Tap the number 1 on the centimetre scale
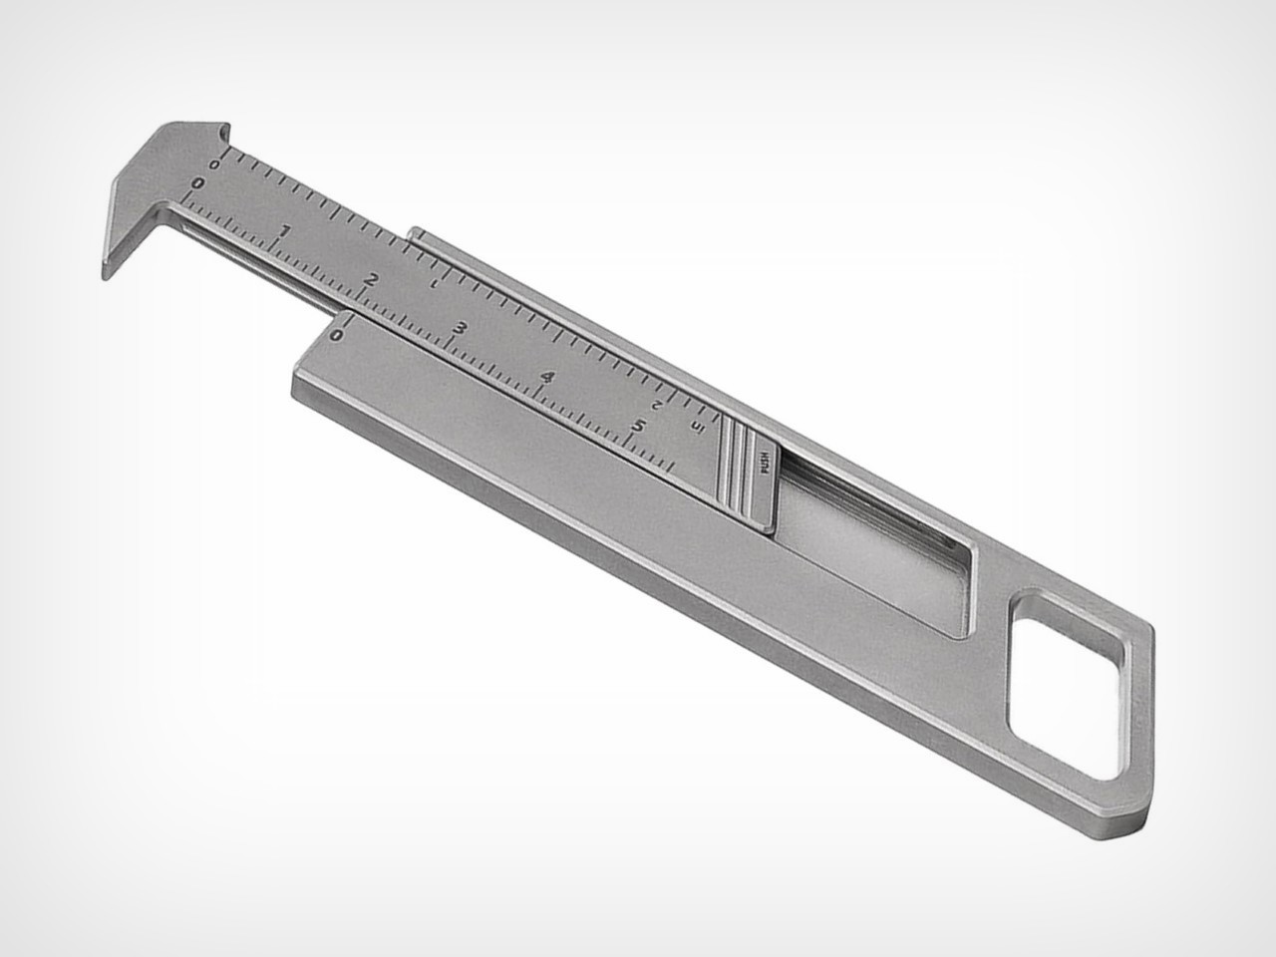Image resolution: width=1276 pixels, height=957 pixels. pos(286,232)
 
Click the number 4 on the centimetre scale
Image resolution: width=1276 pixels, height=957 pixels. pos(547,377)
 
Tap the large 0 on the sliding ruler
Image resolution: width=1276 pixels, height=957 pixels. pos(198,183)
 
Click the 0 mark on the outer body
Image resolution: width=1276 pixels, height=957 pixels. pos(336,335)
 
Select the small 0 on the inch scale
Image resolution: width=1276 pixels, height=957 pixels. pos(216,162)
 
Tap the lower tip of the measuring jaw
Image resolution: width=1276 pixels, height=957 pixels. pos(108,269)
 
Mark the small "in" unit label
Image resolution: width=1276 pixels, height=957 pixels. pos(696,428)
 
